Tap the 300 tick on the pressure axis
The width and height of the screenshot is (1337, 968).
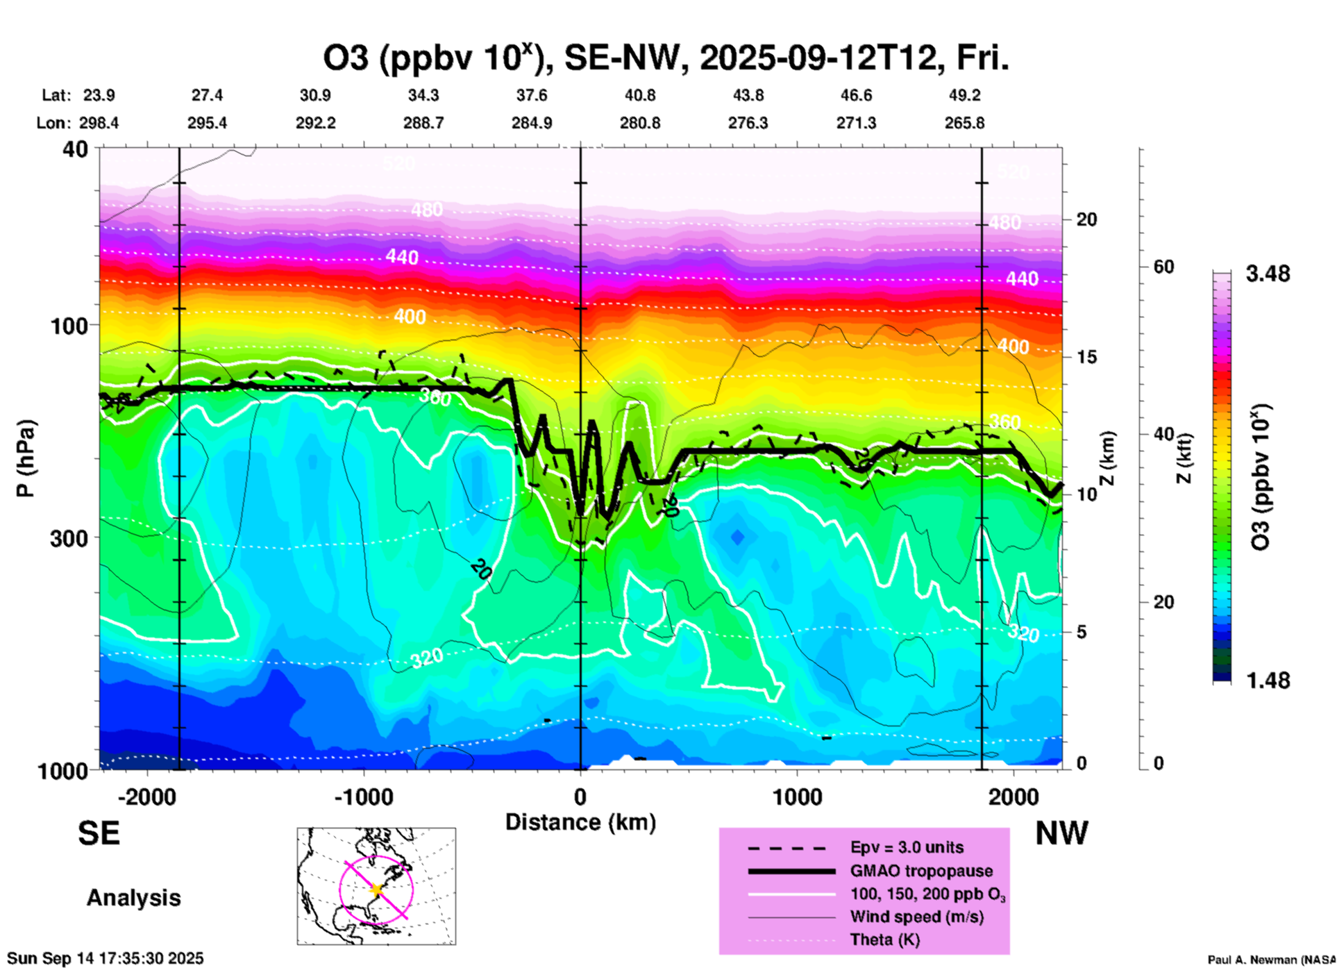click(x=69, y=538)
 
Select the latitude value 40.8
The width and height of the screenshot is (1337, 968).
click(x=639, y=95)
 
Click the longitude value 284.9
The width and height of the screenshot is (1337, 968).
click(x=532, y=123)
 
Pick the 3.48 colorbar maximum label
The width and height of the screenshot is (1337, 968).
click(x=1268, y=274)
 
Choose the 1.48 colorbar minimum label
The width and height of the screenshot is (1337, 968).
click(x=1268, y=680)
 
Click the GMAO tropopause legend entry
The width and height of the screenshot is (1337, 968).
click(x=920, y=871)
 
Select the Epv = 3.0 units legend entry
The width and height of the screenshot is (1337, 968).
click(x=907, y=847)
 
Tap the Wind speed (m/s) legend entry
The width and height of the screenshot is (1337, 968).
click(x=916, y=917)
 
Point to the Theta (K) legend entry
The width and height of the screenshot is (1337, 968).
click(x=884, y=940)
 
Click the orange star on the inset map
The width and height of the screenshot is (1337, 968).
click(x=377, y=890)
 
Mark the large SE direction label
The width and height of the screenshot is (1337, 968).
click(x=99, y=833)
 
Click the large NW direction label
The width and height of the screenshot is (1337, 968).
click(x=1061, y=833)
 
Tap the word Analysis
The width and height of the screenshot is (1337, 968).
click(x=133, y=898)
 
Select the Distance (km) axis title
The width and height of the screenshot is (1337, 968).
click(x=580, y=822)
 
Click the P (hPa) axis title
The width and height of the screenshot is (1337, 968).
click(x=26, y=458)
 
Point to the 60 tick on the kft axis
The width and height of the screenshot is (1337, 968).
click(x=1163, y=267)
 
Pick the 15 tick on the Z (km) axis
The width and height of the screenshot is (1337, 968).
click(x=1086, y=357)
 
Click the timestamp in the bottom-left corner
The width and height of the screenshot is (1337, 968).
click(x=106, y=958)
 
